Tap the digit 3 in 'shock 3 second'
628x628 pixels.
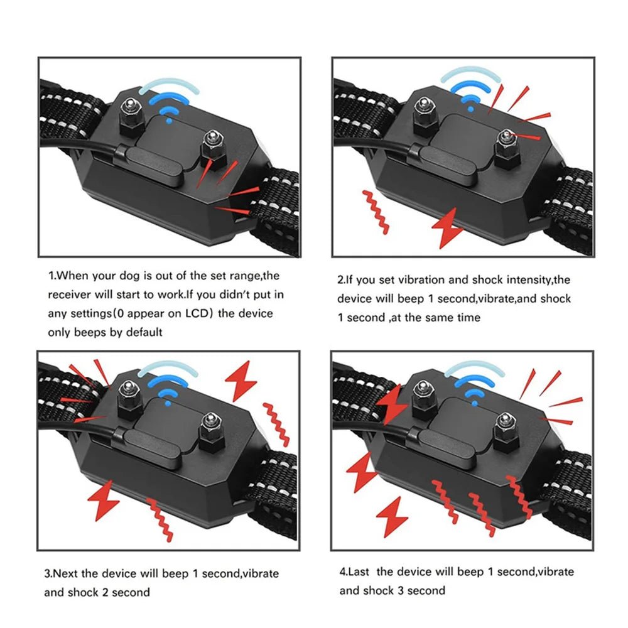point(399,590)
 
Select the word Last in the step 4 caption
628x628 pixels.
point(360,571)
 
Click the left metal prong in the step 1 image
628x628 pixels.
point(130,112)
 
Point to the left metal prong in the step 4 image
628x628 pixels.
point(423,396)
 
